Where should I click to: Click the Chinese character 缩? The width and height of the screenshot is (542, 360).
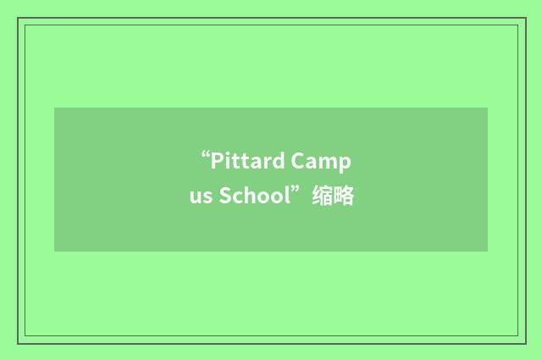(322, 197)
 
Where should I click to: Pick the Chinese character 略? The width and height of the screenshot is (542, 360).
(343, 197)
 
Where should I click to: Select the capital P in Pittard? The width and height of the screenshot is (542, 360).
(216, 160)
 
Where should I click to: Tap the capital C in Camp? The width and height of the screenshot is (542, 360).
(299, 161)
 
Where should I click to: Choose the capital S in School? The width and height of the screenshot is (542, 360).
(225, 197)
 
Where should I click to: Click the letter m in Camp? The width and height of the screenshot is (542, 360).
(334, 163)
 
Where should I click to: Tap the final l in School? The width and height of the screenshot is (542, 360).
(287, 197)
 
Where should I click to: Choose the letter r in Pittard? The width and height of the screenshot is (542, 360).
(267, 163)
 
